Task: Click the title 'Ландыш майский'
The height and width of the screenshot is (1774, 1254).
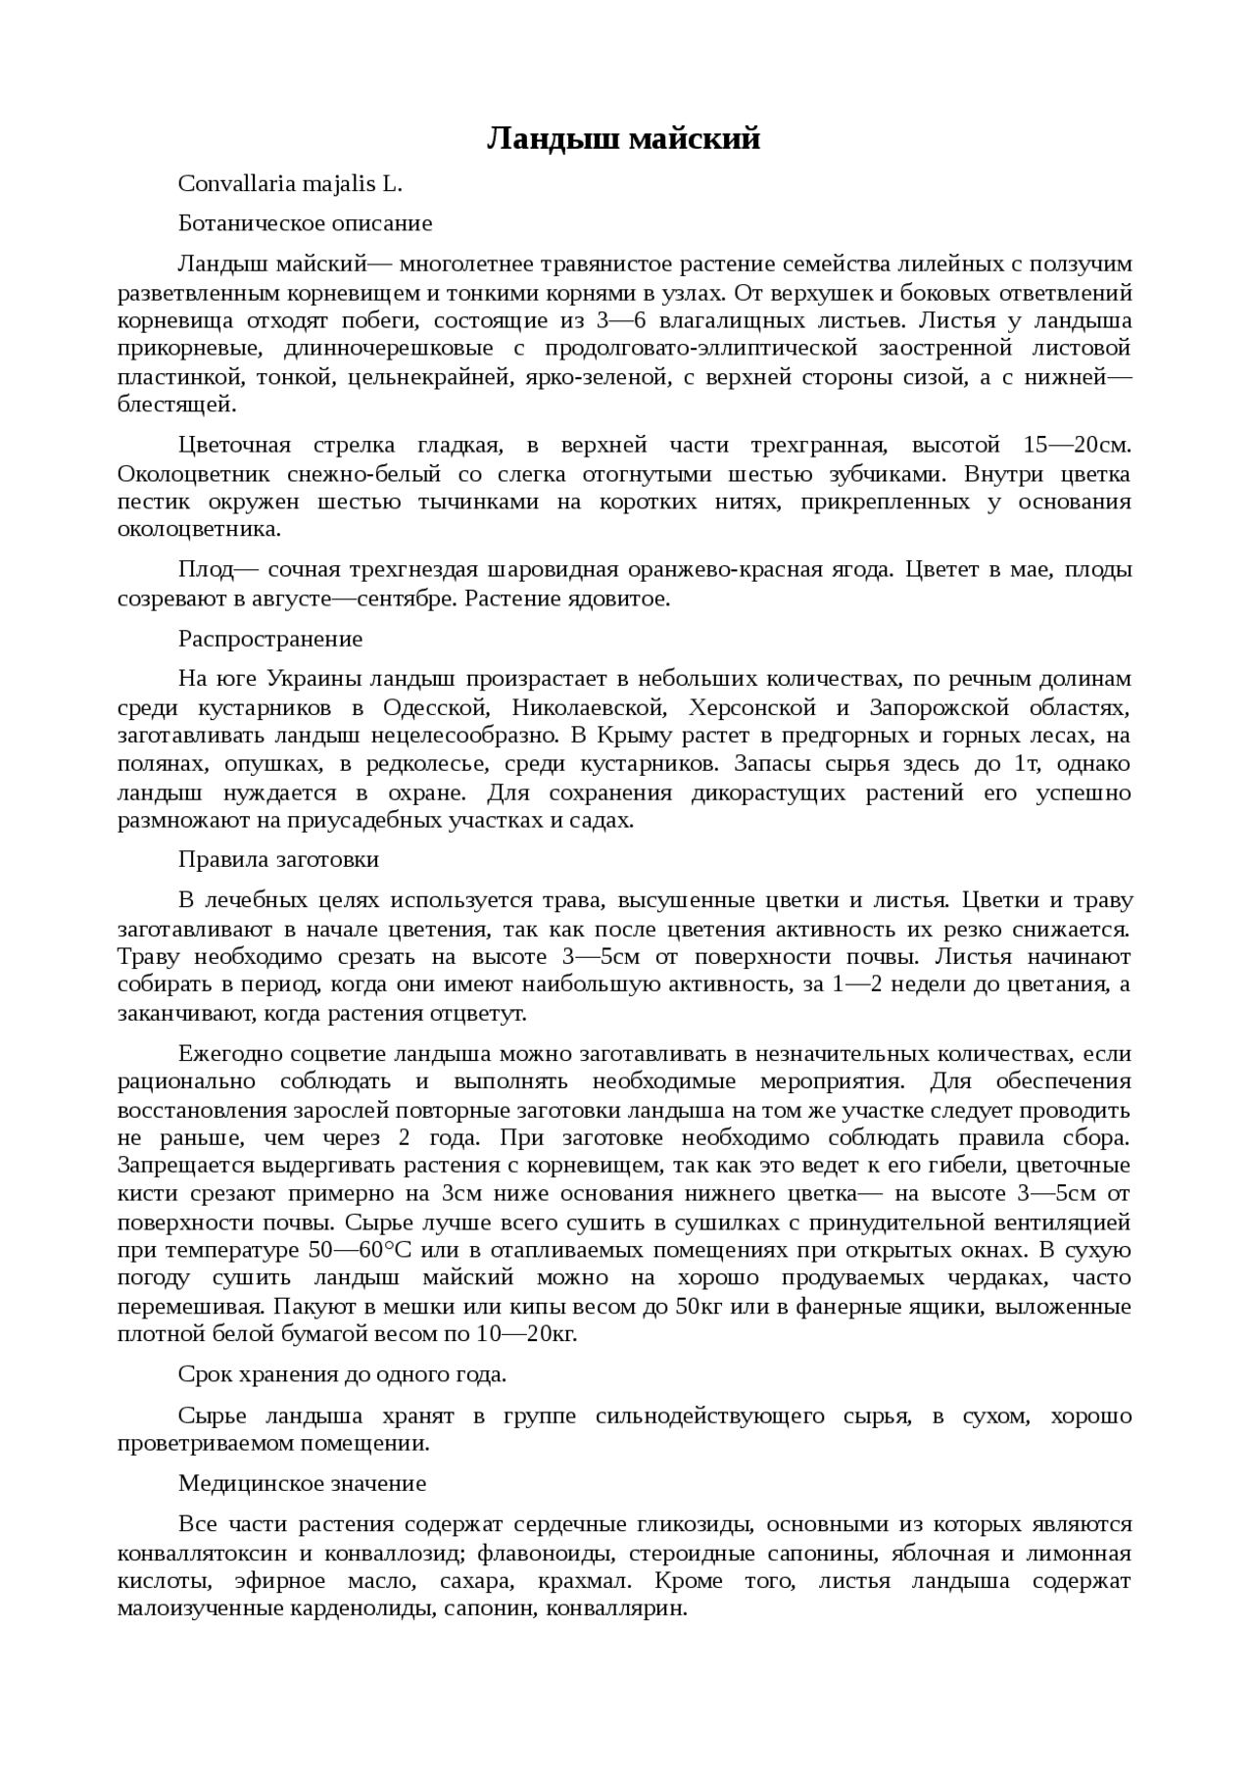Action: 624,140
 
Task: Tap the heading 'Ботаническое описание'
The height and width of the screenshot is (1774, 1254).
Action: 305,223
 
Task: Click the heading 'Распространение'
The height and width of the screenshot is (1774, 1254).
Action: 270,640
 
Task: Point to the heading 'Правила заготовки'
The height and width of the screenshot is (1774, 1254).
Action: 278,860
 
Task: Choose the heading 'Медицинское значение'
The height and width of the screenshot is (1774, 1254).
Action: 302,1484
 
